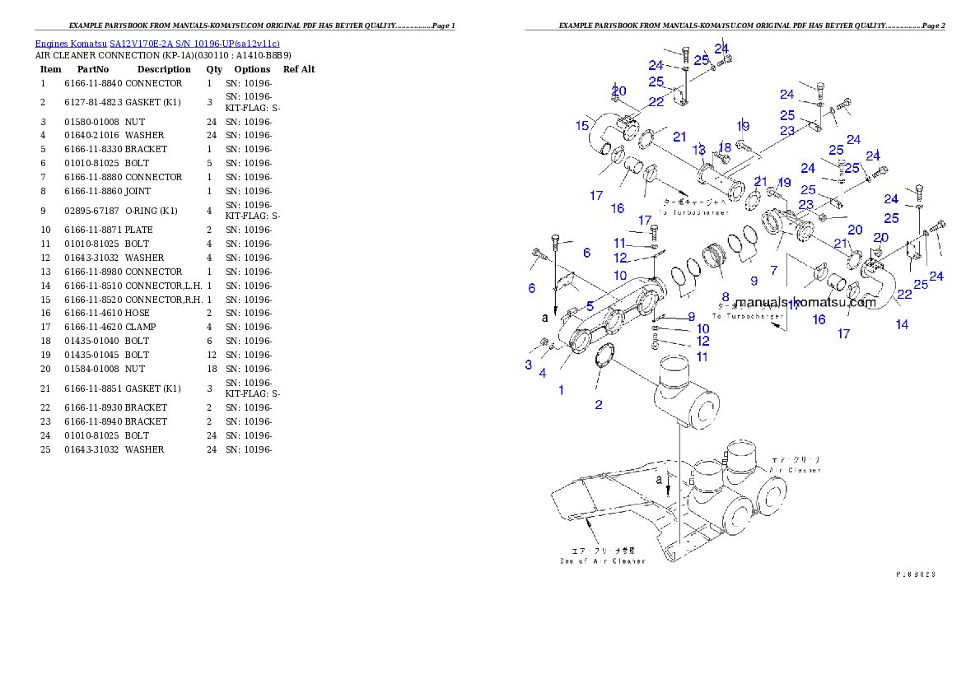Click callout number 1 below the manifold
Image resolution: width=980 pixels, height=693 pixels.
[562, 390]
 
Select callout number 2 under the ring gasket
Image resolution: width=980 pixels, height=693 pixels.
[599, 404]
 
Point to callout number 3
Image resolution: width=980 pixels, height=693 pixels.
[529, 364]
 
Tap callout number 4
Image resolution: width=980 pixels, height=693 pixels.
[543, 373]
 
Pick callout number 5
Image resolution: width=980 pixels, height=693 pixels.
[590, 306]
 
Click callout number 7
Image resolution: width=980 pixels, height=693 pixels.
[774, 271]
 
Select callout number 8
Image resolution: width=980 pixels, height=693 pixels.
[726, 296]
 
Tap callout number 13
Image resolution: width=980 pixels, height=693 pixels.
[699, 149]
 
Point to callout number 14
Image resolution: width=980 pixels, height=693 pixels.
[903, 324]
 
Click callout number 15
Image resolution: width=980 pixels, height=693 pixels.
[582, 125]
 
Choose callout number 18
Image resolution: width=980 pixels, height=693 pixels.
[726, 147]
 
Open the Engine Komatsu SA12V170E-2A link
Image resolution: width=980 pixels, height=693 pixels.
[157, 43]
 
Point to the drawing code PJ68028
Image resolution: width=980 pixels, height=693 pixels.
[916, 573]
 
